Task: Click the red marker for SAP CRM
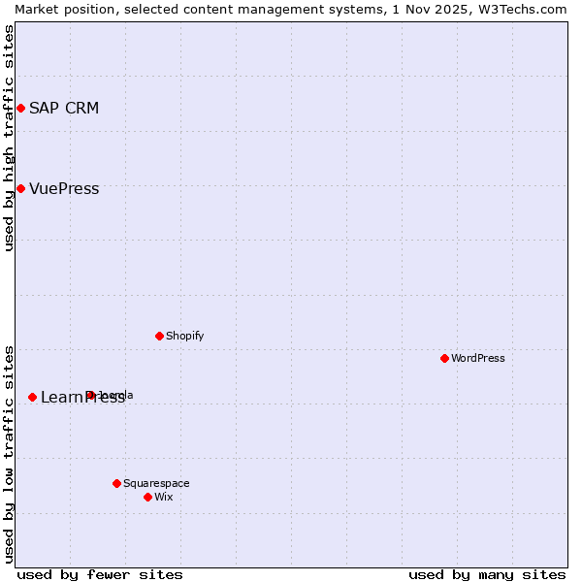click(x=20, y=108)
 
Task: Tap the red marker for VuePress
click(x=20, y=188)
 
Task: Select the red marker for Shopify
click(x=159, y=336)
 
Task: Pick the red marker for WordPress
click(x=444, y=358)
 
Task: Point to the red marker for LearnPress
click(x=32, y=397)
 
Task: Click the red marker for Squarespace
click(x=116, y=483)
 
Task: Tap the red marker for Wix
click(x=147, y=497)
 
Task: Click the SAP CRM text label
click(x=64, y=108)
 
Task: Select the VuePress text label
click(x=64, y=188)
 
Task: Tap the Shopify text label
click(x=184, y=336)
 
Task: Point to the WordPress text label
click(x=477, y=358)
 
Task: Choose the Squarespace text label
click(x=156, y=483)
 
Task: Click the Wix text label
click(x=163, y=497)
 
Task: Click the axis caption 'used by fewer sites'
click(x=100, y=574)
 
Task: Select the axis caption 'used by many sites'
click(x=487, y=574)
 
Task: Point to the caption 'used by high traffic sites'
click(x=9, y=138)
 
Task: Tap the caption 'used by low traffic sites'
click(x=9, y=453)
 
